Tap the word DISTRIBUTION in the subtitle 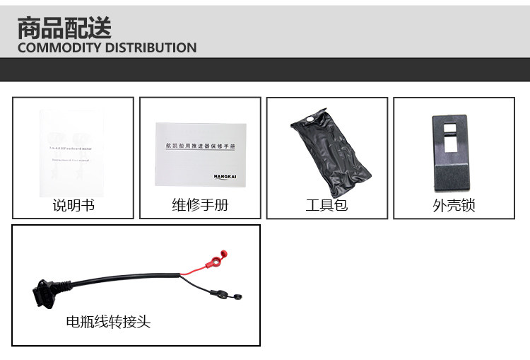[x=151, y=48]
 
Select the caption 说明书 [x=73, y=206]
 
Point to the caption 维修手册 [x=200, y=206]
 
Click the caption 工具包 [x=326, y=206]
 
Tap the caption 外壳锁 [x=454, y=206]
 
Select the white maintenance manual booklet [x=200, y=154]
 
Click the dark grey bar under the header [x=265, y=69]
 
